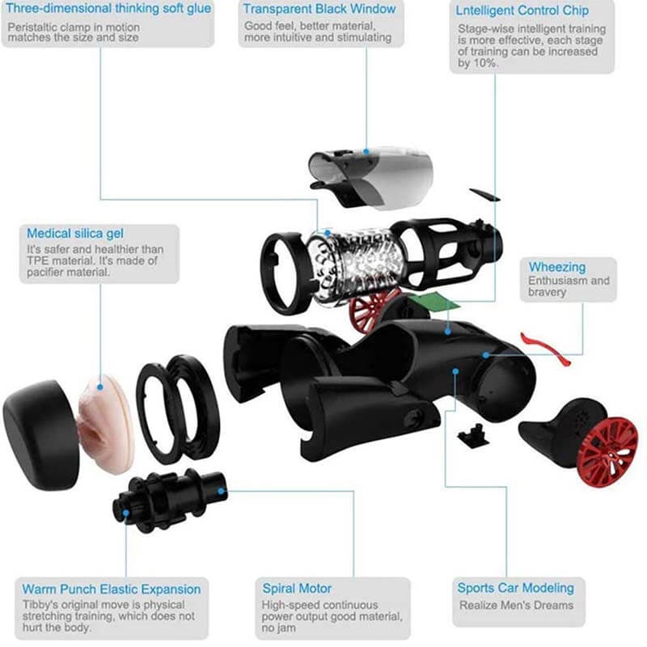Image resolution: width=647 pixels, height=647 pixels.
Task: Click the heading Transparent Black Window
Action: [319, 10]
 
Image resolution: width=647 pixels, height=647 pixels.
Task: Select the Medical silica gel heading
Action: [75, 233]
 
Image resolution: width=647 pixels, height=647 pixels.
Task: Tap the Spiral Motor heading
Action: [297, 588]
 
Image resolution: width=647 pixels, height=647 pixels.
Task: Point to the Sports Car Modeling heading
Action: [515, 588]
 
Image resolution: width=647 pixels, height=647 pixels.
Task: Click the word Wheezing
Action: [557, 267]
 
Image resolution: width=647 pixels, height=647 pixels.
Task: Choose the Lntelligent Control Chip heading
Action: [522, 11]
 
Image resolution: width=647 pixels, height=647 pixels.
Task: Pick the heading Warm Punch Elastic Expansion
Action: [112, 588]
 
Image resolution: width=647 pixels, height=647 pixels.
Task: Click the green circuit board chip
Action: [429, 305]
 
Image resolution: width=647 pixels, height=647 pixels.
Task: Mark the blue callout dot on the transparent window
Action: [366, 150]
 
